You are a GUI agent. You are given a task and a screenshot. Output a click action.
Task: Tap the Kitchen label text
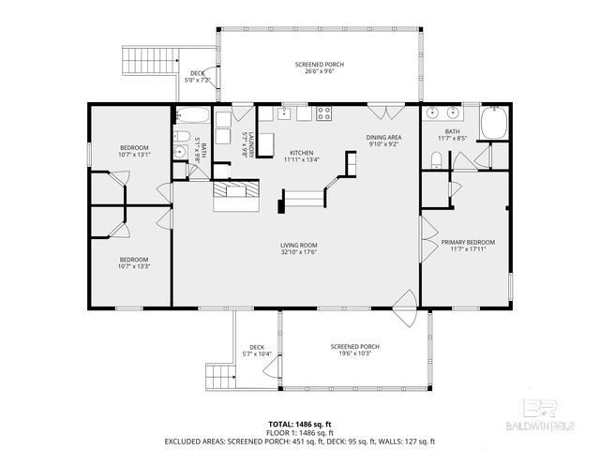tap(301, 153)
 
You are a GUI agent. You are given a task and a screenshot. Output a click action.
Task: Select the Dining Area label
tap(383, 138)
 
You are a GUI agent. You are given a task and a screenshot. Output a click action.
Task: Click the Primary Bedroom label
tap(468, 242)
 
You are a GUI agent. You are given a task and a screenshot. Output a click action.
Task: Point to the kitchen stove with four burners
tap(324, 114)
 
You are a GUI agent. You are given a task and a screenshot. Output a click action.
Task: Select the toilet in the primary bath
tap(432, 162)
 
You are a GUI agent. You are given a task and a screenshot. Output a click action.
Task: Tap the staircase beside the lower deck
tap(219, 378)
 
